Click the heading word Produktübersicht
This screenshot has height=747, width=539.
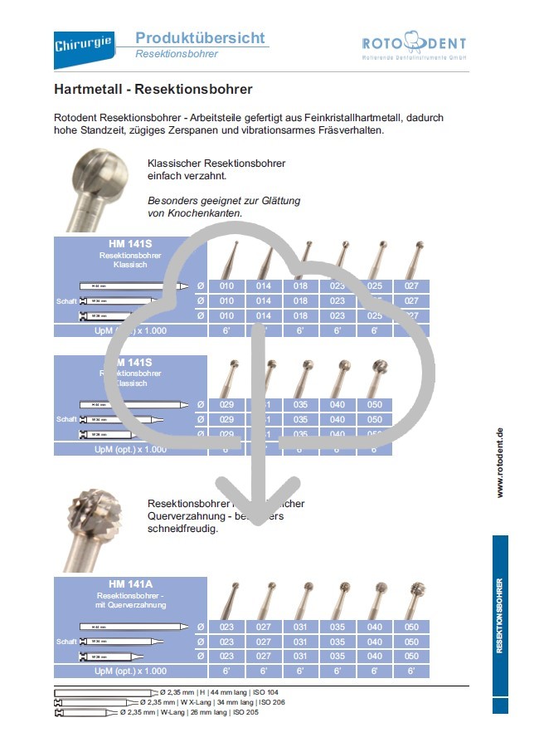click(x=200, y=38)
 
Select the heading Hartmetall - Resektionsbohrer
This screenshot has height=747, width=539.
click(x=153, y=89)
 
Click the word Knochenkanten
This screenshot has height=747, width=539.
click(x=206, y=213)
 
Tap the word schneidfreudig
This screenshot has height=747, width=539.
click(x=182, y=528)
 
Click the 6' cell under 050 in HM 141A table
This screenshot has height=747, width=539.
click(x=412, y=671)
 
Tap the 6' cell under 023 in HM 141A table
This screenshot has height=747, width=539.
click(x=227, y=671)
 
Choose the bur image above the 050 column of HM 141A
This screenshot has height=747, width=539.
click(x=412, y=598)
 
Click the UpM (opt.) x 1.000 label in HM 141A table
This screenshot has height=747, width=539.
click(x=130, y=671)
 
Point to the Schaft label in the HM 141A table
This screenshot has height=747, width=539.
click(x=66, y=642)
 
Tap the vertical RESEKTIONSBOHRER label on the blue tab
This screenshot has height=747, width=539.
click(x=500, y=616)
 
